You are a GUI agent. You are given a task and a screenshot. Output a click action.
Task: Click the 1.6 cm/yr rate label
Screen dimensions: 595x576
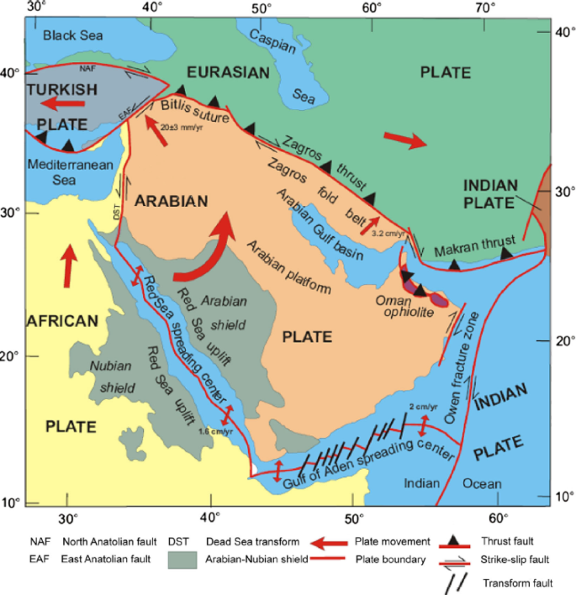click(x=216, y=431)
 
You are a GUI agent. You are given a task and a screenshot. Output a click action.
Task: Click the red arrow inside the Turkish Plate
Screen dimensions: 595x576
click(x=65, y=103)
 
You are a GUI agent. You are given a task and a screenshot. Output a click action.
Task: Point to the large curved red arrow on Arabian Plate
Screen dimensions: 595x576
click(x=210, y=251)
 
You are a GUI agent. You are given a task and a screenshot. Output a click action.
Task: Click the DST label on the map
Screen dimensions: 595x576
click(x=118, y=214)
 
